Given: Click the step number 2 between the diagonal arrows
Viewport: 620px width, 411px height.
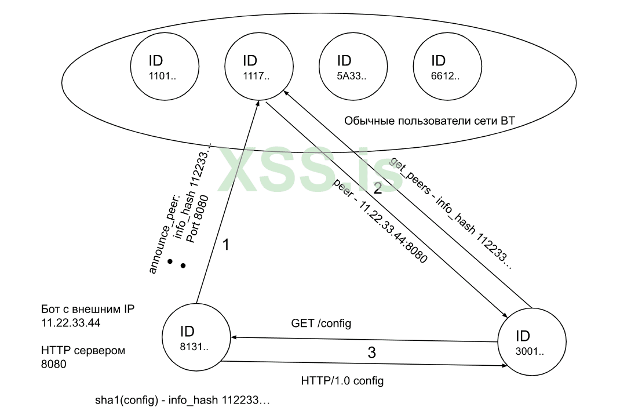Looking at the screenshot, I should click(x=377, y=187).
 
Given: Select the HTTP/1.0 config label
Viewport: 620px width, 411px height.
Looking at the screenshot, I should click(x=342, y=381).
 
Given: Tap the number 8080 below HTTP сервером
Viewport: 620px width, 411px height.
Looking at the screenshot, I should click(x=54, y=365).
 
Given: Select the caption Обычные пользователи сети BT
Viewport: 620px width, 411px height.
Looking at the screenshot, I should click(x=429, y=121).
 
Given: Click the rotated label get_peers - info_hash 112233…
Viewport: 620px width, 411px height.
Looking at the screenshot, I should click(x=451, y=213).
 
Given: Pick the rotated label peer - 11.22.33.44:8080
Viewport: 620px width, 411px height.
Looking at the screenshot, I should click(x=380, y=222).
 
